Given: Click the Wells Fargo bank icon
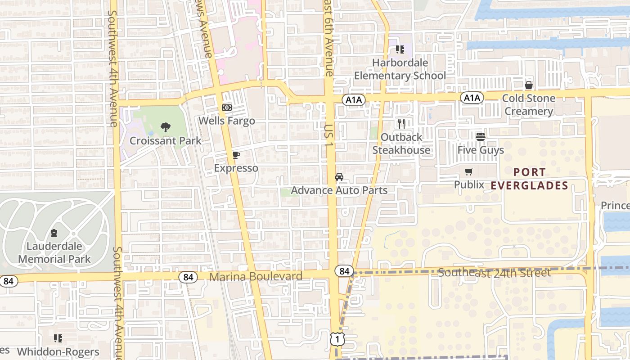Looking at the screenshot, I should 226,108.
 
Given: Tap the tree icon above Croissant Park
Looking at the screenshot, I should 166,127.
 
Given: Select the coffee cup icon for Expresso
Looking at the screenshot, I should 236,155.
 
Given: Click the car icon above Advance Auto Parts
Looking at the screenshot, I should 339,177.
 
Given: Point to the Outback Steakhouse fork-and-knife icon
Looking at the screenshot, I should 401,124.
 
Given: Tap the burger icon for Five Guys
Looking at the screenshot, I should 481,136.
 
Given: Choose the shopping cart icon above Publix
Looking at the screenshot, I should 469,171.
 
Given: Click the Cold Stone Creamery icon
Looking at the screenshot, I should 529,85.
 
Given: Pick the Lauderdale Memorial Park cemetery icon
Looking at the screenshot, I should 54,233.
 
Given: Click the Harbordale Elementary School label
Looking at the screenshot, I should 400,69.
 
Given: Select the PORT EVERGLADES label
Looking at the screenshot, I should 530,179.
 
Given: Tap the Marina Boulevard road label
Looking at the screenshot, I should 256,276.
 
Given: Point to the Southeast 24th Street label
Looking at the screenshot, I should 494,273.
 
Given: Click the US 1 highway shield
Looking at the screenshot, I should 337,339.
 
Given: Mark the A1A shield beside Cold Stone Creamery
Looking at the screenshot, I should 472,98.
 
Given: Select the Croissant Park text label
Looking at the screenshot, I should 166,140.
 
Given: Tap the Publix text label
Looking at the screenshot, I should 469,184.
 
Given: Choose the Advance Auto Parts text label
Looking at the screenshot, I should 339,190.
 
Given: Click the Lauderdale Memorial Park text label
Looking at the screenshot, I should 54,252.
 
